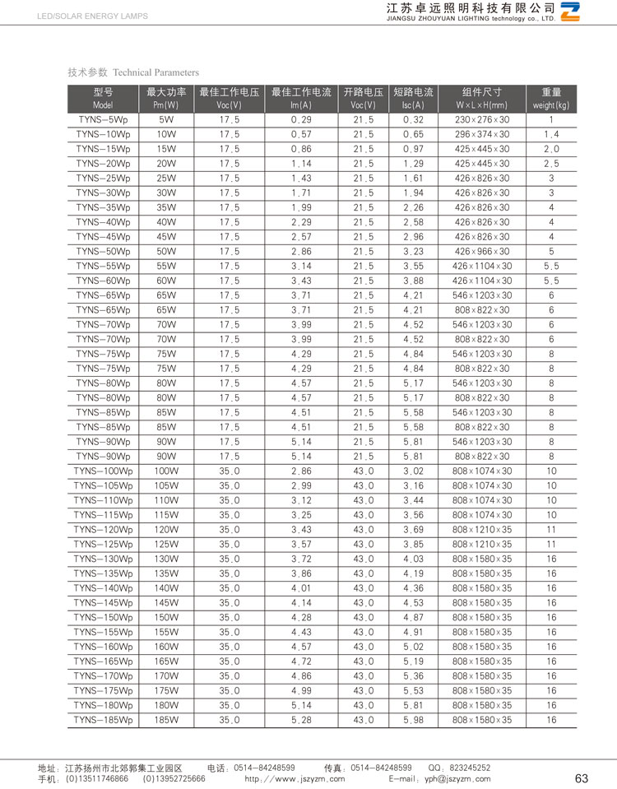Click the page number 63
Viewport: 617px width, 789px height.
(x=582, y=778)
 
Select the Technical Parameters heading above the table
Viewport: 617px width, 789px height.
(x=133, y=72)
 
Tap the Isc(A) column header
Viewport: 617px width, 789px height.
(x=413, y=99)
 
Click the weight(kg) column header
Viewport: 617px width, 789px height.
(x=551, y=99)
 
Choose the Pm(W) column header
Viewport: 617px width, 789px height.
(x=166, y=99)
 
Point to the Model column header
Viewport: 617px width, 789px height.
(x=103, y=99)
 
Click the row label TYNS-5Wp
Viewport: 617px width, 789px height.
(x=103, y=120)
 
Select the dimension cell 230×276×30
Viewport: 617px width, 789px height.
(x=482, y=120)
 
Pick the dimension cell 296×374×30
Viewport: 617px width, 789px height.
(x=482, y=134)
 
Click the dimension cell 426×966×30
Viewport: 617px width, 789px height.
(x=482, y=251)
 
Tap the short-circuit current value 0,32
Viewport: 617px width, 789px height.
(x=413, y=120)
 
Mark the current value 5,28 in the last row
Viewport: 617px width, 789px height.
(x=301, y=720)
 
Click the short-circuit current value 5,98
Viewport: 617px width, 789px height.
(x=413, y=720)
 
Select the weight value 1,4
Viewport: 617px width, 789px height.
(x=551, y=134)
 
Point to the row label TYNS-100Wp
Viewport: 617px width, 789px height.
(x=103, y=471)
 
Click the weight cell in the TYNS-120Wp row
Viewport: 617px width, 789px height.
(x=551, y=530)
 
